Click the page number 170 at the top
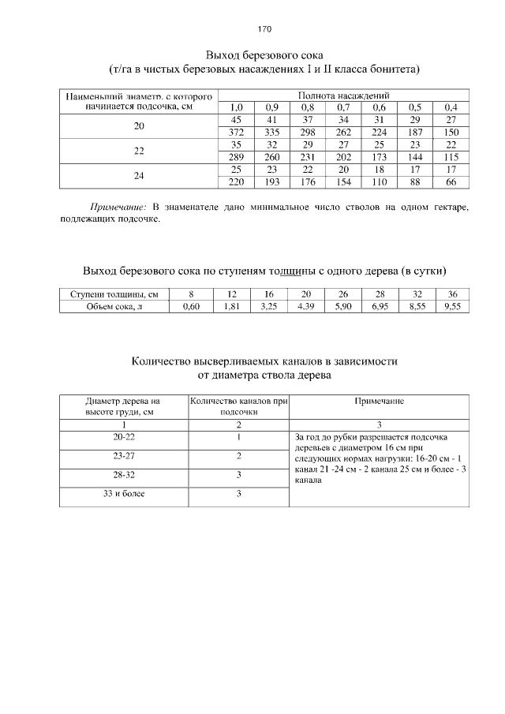tap(264, 29)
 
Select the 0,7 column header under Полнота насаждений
tap(343, 107)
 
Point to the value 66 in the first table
tap(451, 182)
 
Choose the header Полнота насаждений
tap(343, 95)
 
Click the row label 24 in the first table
tap(139, 176)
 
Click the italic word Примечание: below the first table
tap(118, 207)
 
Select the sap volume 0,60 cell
tap(191, 307)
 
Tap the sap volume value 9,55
tap(451, 307)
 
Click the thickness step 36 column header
tap(452, 294)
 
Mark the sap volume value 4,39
tap(305, 307)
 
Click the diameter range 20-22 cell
tap(124, 436)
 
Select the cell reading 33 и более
tap(124, 494)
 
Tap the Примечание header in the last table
tap(379, 402)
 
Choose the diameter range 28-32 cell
tap(124, 475)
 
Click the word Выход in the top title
tap(223, 55)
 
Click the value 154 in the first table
tap(343, 182)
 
